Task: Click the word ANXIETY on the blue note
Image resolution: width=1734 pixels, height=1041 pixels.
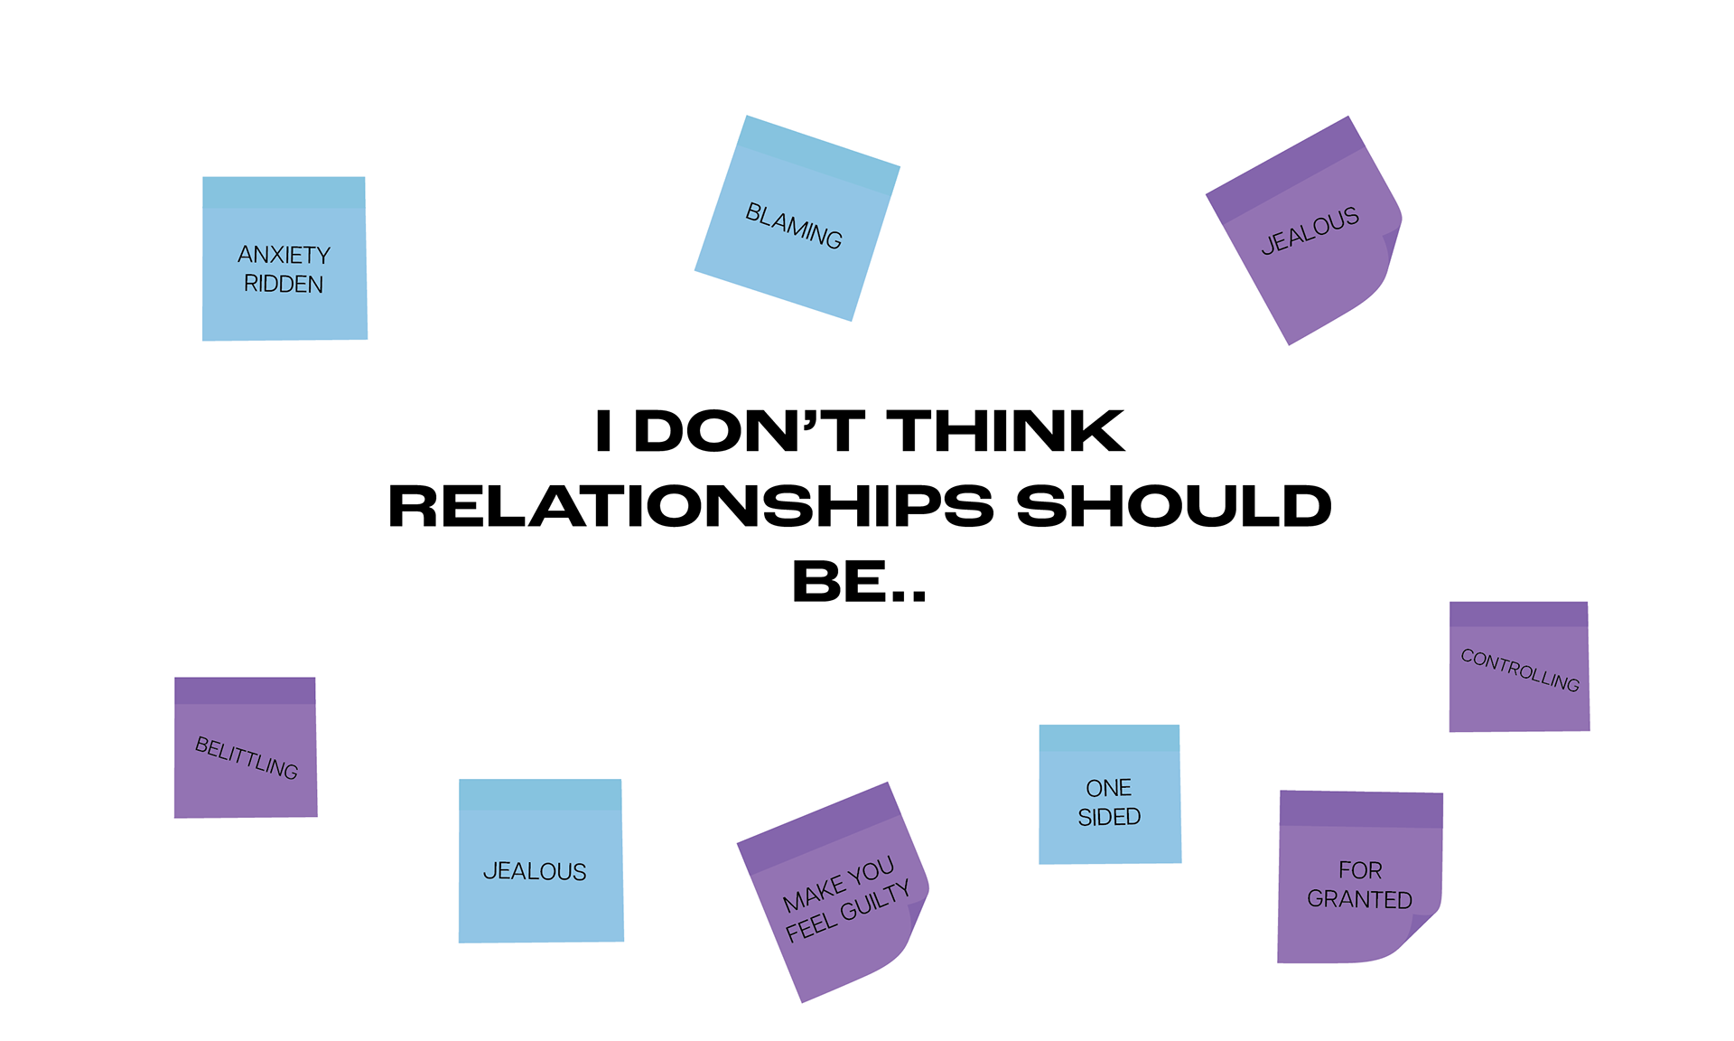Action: coord(284,255)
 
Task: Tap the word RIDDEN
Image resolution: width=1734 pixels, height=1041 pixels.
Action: coord(284,284)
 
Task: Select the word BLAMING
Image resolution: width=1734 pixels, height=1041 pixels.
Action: coord(794,225)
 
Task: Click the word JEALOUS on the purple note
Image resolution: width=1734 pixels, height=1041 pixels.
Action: coord(1310,230)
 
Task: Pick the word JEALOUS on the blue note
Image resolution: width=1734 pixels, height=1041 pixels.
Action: coord(535,871)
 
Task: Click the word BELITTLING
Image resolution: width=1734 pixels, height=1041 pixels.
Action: coord(247,757)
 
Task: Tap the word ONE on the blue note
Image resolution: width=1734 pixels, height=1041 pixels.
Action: coord(1109,788)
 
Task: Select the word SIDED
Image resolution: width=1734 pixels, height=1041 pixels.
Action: coord(1109,817)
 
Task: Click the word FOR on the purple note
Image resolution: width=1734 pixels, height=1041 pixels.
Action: coord(1360,870)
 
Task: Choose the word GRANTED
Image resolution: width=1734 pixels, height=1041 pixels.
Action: coord(1359,899)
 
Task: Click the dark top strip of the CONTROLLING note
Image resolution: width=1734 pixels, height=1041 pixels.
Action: coord(1519,614)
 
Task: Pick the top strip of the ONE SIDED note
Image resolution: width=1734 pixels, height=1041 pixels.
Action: coord(1109,737)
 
